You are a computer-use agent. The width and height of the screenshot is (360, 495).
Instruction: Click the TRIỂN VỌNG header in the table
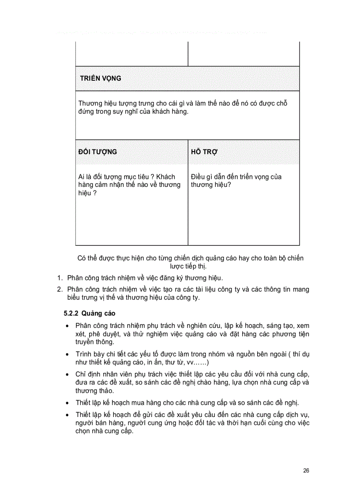(101, 78)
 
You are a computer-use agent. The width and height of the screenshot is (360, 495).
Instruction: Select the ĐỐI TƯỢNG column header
(97, 152)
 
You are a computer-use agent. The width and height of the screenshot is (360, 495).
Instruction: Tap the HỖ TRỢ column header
(205, 152)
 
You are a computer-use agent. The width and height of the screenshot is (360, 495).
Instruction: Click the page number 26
(306, 470)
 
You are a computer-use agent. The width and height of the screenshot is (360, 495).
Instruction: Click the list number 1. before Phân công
(60, 278)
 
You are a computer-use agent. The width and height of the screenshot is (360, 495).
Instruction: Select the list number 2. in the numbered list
(60, 289)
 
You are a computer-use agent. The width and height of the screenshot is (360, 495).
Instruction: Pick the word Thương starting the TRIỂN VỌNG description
(90, 103)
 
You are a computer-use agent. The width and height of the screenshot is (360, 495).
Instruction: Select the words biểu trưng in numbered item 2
(81, 298)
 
